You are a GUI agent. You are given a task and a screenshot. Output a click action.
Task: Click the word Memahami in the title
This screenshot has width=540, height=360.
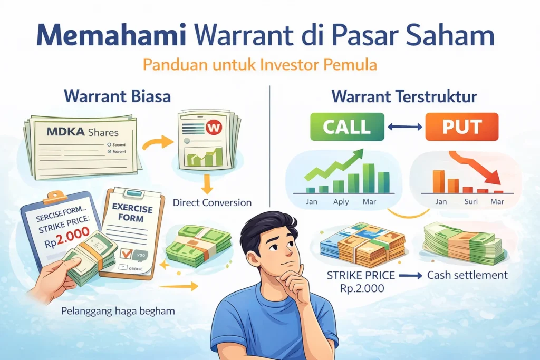pos(109,36)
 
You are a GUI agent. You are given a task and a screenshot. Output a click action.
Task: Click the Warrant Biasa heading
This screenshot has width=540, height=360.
pos(117,97)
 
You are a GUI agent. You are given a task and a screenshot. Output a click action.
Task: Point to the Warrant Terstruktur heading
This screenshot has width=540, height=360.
pos(404,97)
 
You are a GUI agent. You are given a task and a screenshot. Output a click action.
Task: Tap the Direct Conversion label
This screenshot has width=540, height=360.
pos(212,202)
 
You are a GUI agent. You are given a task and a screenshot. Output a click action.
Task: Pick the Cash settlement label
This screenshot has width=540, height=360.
pos(467,275)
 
